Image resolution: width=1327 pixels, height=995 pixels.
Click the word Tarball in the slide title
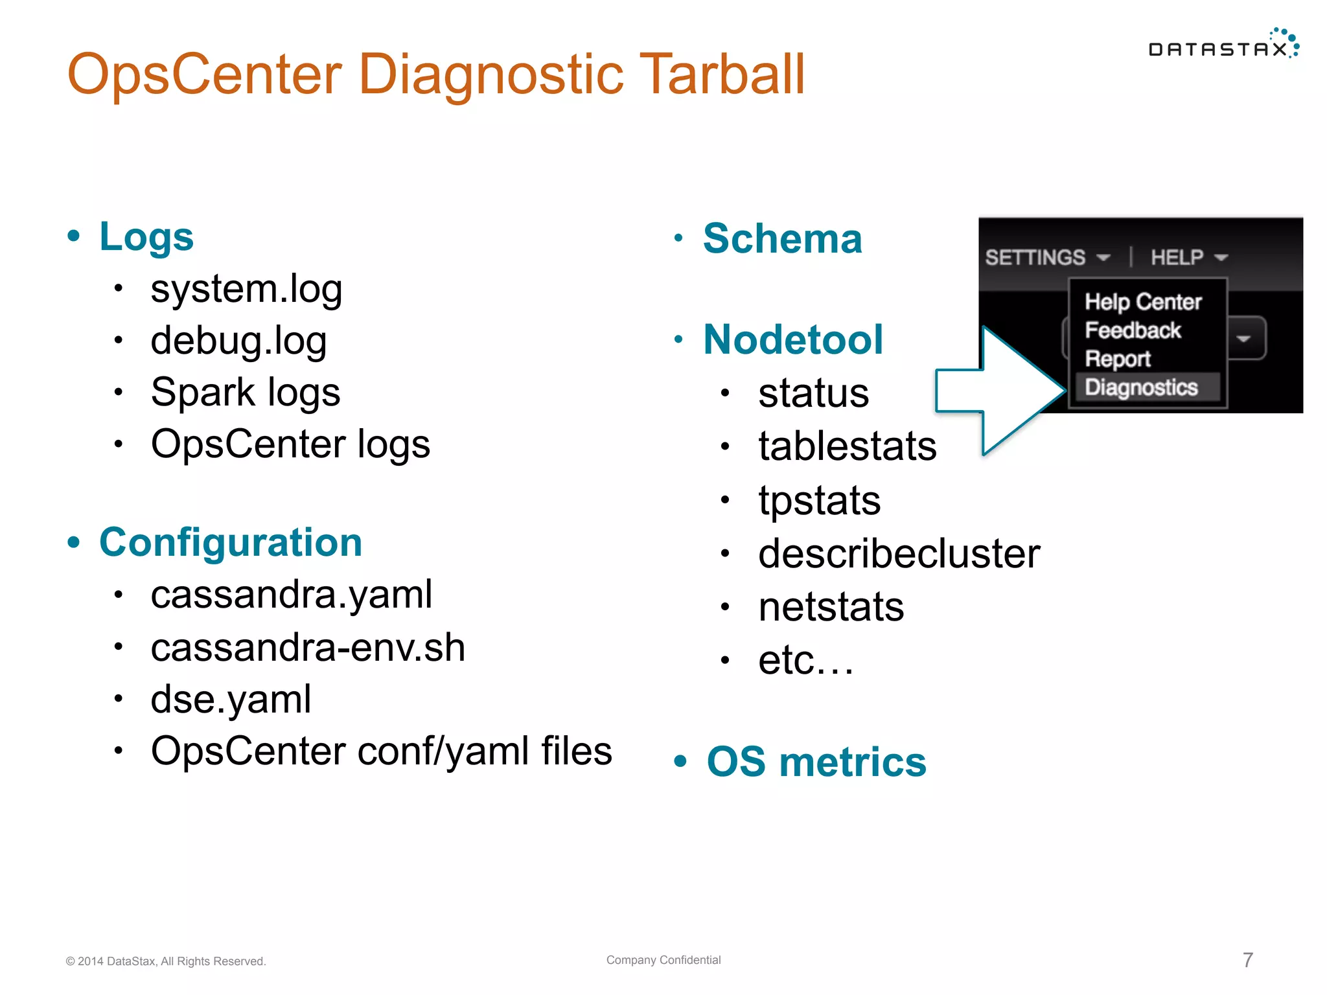[x=721, y=74]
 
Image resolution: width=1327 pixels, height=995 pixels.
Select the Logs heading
[x=146, y=236]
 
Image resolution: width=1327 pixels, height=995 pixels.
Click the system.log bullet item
[x=246, y=289]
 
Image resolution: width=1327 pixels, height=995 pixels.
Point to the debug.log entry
[x=238, y=341]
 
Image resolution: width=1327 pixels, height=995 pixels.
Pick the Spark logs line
[x=246, y=393]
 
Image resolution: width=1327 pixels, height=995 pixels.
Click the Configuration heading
[x=231, y=542]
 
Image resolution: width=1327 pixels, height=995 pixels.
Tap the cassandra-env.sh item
[x=308, y=648]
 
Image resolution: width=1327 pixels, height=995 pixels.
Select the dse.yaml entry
[x=231, y=700]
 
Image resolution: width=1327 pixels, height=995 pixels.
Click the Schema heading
[x=783, y=238]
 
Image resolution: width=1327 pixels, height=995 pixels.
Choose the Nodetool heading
[x=793, y=339]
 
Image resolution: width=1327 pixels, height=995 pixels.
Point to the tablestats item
[x=848, y=446]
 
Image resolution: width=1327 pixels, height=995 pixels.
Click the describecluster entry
[x=899, y=554]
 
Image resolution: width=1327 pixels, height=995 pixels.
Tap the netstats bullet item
[x=831, y=607]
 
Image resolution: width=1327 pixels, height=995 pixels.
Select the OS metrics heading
[x=816, y=762]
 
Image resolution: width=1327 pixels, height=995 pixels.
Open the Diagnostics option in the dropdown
[x=1142, y=387]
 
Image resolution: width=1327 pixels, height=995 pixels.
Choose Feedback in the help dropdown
[x=1133, y=330]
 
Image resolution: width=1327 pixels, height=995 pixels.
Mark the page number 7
[x=1248, y=960]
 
